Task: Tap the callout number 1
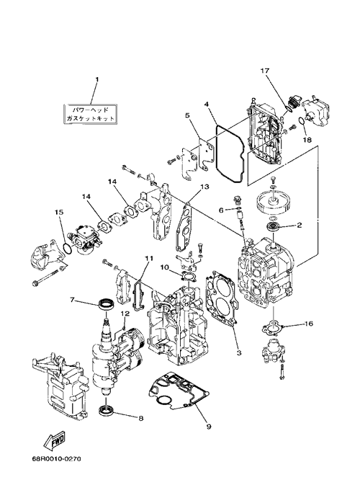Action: point(97,79)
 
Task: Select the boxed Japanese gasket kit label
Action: point(91,115)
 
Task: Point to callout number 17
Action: point(265,71)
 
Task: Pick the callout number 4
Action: point(207,104)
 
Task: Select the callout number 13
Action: point(205,187)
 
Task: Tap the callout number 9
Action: point(209,427)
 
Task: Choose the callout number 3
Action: point(239,353)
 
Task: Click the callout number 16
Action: point(308,324)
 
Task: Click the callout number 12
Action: point(125,314)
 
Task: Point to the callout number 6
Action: point(221,210)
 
